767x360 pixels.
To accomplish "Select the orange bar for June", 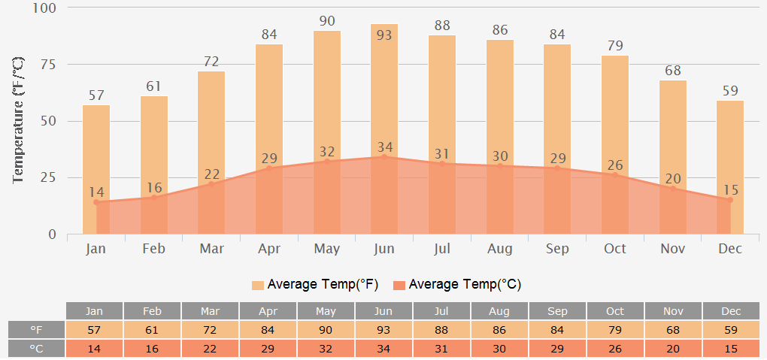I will point(384,90).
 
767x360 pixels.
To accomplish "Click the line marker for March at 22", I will point(211,184).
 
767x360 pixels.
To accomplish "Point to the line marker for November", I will point(673,189).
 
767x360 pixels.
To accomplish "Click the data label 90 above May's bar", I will point(327,21).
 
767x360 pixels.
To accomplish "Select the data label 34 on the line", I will point(384,147).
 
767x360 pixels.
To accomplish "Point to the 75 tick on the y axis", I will point(48,64).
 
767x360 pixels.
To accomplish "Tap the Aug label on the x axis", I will point(500,249).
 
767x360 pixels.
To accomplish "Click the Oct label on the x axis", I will point(615,249).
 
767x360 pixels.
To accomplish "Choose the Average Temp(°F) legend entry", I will point(315,285).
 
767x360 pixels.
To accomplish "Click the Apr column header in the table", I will point(268,311).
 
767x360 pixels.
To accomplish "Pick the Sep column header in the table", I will point(557,311).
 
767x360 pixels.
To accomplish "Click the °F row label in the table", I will point(36,330).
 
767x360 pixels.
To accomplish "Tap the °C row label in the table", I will point(36,349).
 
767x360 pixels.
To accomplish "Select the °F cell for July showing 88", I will point(442,330).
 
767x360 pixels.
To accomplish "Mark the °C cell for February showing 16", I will point(153,349).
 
